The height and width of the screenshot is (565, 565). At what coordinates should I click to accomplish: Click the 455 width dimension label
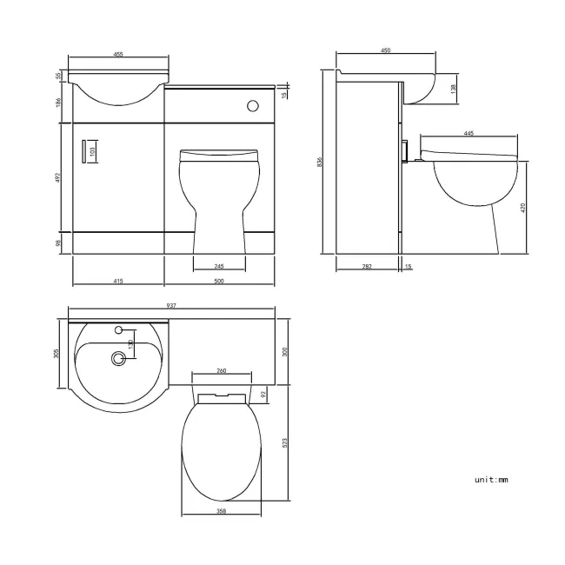(x=118, y=55)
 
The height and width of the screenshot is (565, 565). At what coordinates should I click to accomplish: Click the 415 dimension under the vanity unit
(x=117, y=281)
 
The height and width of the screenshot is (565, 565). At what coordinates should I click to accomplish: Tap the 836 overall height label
(x=321, y=163)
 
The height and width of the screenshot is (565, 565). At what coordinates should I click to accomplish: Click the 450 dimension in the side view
(x=385, y=51)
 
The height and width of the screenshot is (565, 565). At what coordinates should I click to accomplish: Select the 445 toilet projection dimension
(x=469, y=133)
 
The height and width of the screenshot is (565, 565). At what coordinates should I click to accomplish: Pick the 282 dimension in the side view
(x=367, y=266)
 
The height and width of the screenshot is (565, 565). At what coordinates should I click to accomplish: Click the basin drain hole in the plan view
(x=117, y=356)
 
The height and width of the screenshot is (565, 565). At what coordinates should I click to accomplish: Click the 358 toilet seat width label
(x=223, y=512)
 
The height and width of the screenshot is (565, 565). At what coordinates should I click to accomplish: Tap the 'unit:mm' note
(x=490, y=479)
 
